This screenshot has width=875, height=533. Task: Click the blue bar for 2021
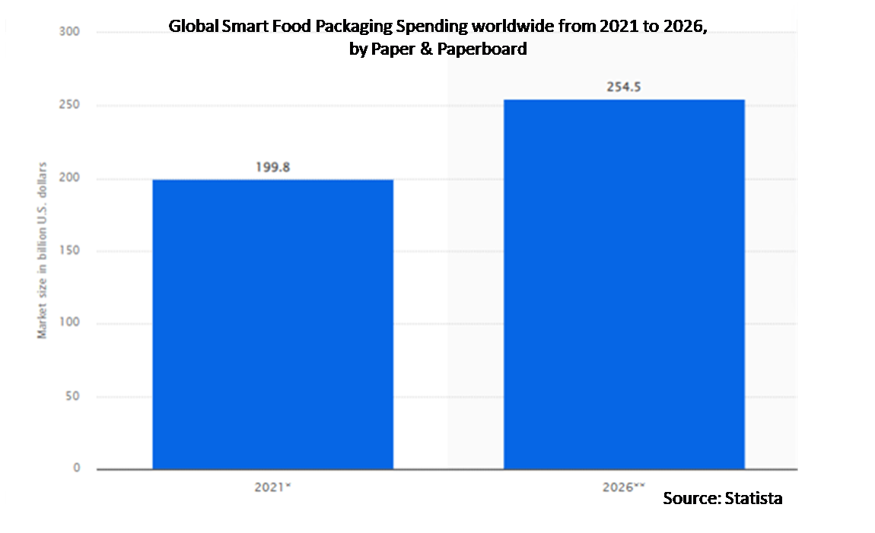(272, 324)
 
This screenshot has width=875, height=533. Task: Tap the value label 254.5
(624, 87)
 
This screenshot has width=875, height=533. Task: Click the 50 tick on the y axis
(74, 396)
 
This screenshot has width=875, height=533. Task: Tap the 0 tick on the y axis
(77, 468)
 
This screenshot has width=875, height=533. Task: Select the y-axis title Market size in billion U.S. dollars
(43, 250)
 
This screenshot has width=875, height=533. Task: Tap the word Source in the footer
(689, 498)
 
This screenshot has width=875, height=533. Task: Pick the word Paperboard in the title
(486, 49)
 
